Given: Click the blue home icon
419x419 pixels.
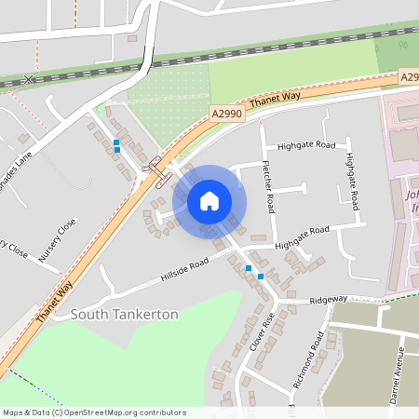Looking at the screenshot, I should (209, 200).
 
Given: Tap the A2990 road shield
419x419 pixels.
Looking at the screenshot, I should (225, 112).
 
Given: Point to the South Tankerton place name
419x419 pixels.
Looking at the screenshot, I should (124, 315).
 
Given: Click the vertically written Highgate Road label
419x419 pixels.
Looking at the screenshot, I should (351, 182).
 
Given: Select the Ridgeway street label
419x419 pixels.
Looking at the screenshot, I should (328, 300).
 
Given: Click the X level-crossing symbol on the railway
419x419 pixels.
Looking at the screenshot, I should (30, 80).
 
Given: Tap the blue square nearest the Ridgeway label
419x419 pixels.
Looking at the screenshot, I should (261, 276).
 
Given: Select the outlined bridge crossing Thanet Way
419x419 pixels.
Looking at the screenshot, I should (161, 174).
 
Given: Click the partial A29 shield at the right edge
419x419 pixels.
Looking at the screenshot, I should (409, 77).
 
